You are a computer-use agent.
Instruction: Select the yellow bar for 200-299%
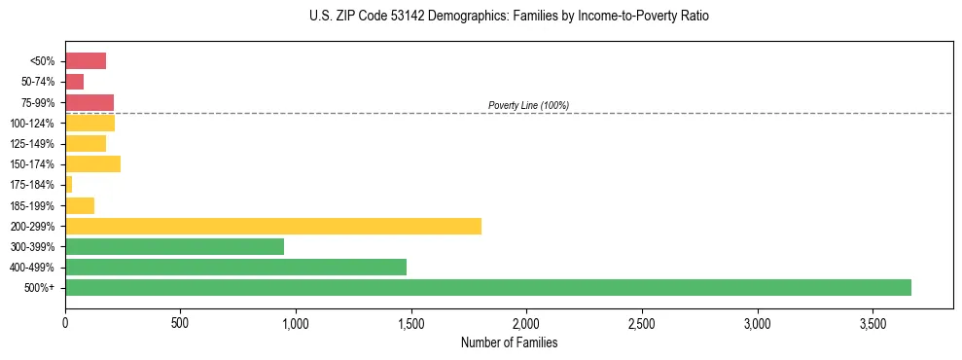(x=273, y=226)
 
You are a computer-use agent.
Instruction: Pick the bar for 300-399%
(x=174, y=246)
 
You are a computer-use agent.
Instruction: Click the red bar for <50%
(x=86, y=61)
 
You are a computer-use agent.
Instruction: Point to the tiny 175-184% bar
(x=69, y=184)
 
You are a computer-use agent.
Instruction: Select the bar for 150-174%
(x=92, y=163)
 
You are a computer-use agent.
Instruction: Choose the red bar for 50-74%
(x=75, y=82)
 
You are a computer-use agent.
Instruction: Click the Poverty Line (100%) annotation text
(x=528, y=105)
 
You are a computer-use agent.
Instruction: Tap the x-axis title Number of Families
(x=509, y=342)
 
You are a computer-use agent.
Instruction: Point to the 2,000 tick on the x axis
(x=526, y=322)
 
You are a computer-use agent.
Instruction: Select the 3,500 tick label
(x=873, y=322)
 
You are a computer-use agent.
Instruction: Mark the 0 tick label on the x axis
(x=65, y=322)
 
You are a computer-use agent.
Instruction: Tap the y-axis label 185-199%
(x=32, y=205)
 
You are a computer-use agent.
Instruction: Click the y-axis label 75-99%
(x=37, y=102)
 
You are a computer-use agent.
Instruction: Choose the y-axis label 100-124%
(x=32, y=123)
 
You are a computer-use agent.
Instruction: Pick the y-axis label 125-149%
(x=32, y=143)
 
